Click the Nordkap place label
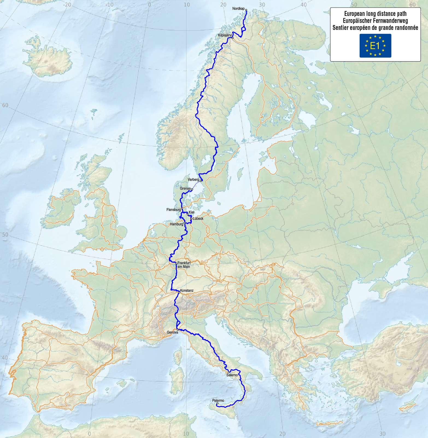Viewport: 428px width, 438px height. click(x=238, y=8)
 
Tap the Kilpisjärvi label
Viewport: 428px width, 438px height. click(x=225, y=35)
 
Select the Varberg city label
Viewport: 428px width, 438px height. click(x=193, y=180)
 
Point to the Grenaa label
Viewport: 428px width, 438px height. click(x=185, y=189)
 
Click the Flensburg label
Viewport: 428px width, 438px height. click(x=173, y=210)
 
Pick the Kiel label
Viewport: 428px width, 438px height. click(x=191, y=212)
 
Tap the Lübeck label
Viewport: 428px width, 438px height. click(x=198, y=218)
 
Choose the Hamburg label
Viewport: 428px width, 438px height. click(x=176, y=224)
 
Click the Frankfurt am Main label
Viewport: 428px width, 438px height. click(x=184, y=265)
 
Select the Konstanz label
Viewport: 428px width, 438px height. click(x=187, y=290)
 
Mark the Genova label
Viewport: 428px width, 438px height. click(x=172, y=332)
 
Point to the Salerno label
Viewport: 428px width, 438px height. click(x=232, y=375)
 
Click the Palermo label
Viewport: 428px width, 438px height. click(x=218, y=400)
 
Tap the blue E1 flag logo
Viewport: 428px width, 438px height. click(x=375, y=46)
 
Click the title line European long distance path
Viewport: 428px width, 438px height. click(x=375, y=14)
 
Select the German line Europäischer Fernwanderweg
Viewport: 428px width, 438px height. click(x=375, y=21)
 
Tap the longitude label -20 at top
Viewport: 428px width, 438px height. click(x=67, y=4)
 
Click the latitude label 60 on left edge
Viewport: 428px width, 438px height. click(x=5, y=105)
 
